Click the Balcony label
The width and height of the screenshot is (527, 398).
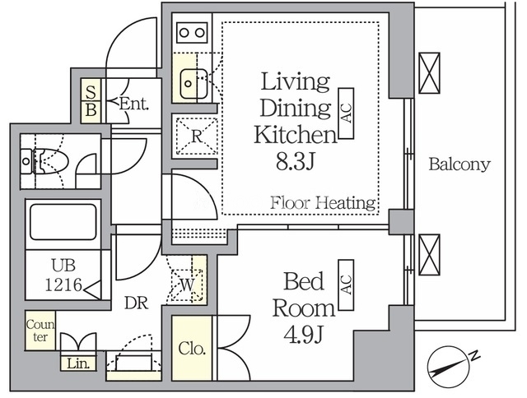coord(459,164)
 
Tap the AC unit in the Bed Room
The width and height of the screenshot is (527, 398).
coord(346,285)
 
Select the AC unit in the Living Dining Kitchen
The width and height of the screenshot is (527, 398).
coord(346,113)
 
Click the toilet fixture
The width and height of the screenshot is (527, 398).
coord(44,161)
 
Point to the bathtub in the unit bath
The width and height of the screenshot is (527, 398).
coord(63,222)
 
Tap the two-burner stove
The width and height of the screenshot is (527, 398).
coord(192,33)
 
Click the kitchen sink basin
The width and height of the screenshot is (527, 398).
coord(194,84)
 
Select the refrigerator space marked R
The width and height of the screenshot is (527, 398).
coord(197,137)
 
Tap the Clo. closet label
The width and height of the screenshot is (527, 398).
coord(192,349)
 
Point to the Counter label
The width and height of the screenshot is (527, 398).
coord(40,331)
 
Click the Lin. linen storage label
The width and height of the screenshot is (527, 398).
coord(78,363)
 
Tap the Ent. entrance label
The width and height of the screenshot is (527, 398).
coord(133,104)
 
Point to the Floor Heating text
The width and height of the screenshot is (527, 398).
coord(323,202)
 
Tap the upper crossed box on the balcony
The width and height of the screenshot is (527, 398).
coord(429,73)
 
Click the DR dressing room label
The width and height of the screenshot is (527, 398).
coord(136,303)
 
